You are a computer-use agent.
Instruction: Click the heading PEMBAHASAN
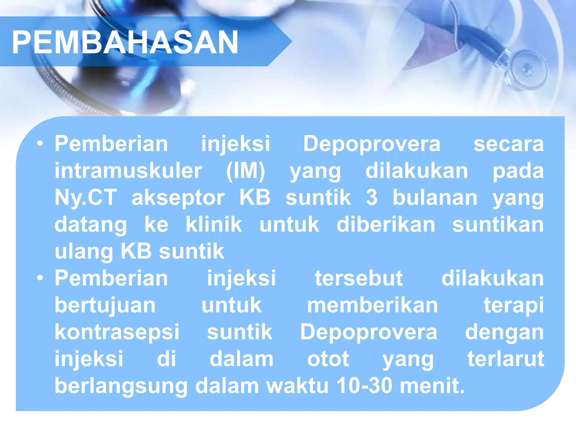[x=125, y=42]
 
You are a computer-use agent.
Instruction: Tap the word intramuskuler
[x=128, y=171]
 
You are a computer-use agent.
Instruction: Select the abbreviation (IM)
[x=246, y=171]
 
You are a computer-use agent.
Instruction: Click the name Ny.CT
[x=85, y=197]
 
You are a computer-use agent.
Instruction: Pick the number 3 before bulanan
[x=372, y=197]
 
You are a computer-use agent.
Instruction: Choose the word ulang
[x=84, y=251]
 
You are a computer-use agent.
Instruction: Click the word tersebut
[x=359, y=278]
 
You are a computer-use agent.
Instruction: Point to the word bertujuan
[x=105, y=305]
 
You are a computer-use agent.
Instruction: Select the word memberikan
[x=372, y=305]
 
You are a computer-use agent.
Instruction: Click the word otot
[x=328, y=359]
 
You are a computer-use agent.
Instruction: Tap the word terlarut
[x=505, y=359]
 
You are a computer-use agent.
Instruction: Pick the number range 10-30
[x=364, y=386]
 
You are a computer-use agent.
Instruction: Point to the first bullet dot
[x=40, y=144]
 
